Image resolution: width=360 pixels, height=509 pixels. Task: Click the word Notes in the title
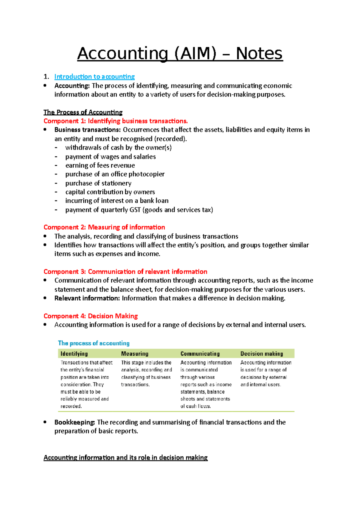pyautogui.click(x=259, y=54)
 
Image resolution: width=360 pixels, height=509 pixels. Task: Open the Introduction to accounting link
pyautogui.click(x=94, y=77)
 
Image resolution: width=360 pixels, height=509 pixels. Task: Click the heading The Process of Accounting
pyautogui.click(x=83, y=112)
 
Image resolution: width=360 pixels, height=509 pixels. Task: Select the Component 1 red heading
pyautogui.click(x=115, y=121)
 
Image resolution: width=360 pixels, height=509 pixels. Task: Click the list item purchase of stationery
pyautogui.click(x=98, y=183)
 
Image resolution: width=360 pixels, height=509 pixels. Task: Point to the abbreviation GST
pyautogui.click(x=135, y=210)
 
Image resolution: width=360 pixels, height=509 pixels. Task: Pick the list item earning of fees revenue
pyautogui.click(x=100, y=165)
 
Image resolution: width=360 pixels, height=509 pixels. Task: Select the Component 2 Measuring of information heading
pyautogui.click(x=104, y=227)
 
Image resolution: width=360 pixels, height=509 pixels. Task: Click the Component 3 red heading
pyautogui.click(x=125, y=272)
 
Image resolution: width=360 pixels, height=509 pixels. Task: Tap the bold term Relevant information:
pyautogui.click(x=87, y=298)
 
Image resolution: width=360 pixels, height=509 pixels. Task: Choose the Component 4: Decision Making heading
pyautogui.click(x=91, y=316)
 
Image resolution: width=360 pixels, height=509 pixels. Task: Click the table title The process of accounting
pyautogui.click(x=94, y=343)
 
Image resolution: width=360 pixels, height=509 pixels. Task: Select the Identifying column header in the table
pyautogui.click(x=74, y=354)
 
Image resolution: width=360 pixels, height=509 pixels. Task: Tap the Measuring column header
pyautogui.click(x=135, y=354)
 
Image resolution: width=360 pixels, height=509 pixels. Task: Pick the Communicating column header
pyautogui.click(x=200, y=354)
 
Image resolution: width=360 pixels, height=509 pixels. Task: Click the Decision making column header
pyautogui.click(x=262, y=354)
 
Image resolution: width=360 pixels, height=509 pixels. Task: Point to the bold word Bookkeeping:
pyautogui.click(x=74, y=422)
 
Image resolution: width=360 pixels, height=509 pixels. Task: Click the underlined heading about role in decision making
pyautogui.click(x=125, y=458)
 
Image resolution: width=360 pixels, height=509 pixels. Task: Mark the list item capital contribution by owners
pyautogui.click(x=110, y=192)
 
